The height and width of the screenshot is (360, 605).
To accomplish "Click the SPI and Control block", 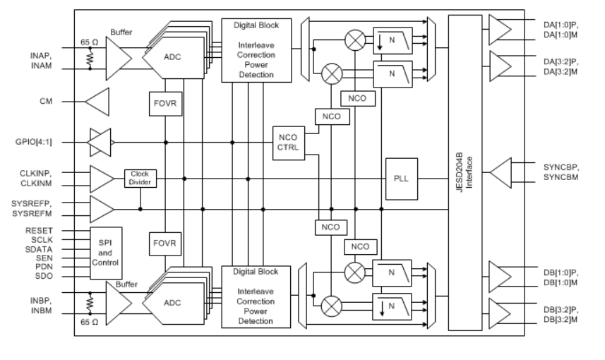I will (x=105, y=253).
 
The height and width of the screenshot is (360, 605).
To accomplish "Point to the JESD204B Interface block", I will (x=474, y=173).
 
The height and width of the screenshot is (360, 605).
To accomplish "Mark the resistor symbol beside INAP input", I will (x=90, y=59).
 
